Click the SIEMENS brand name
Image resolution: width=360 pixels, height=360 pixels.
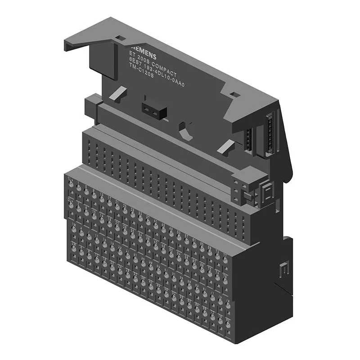coord(143,53)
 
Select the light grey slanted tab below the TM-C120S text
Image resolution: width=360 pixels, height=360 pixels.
coord(117,94)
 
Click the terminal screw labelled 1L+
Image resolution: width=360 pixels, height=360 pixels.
coord(71,184)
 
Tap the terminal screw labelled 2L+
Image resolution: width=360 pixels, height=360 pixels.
coord(71,203)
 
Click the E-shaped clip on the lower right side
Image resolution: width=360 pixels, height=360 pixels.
coord(284,272)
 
